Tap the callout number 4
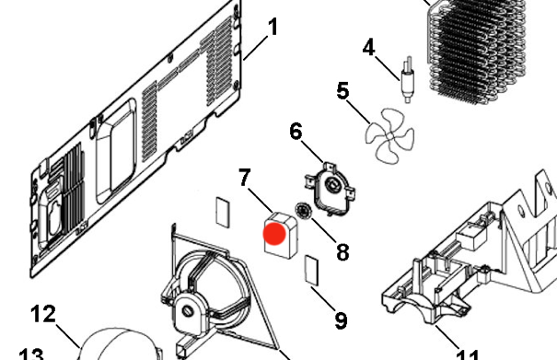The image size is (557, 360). pos(370,45)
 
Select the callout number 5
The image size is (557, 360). pos(343,92)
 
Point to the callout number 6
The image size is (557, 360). pos(296,132)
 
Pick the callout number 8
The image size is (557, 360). pos(342,250)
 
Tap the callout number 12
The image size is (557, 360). pos(43,315)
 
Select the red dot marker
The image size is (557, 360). pos(274,234)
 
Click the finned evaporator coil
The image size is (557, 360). pos(479,51)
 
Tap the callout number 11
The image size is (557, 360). pos(468,354)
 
